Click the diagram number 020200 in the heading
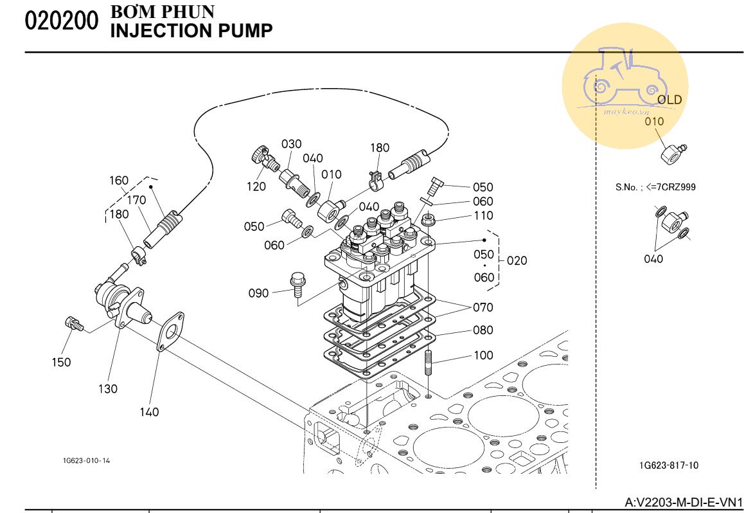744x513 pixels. pos(61,21)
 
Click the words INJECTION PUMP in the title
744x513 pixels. pos(191,30)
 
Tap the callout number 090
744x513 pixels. pos(258,294)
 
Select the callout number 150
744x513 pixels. pos(61,363)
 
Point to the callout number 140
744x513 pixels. pos(149,412)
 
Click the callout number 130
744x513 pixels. pos(108,389)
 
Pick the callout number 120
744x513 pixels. pos(256,187)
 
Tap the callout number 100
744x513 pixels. pos(483,355)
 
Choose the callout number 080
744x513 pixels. pos(483,330)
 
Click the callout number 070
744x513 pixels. pos(483,308)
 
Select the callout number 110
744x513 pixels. pos(483,217)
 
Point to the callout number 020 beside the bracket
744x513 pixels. pos(517,261)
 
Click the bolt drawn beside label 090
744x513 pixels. pos(297,285)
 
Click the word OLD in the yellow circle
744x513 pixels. pos(669,100)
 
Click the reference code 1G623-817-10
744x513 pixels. pos(669,465)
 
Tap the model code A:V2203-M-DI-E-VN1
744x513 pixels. pos(684,501)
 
